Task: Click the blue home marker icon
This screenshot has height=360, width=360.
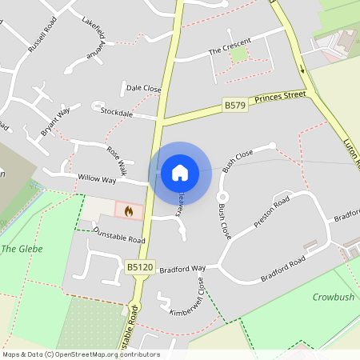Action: coord(180,172)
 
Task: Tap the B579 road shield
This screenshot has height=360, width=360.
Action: coord(234,105)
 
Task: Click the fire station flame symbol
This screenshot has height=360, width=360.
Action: coord(128,211)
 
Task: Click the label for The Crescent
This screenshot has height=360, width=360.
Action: coord(230,46)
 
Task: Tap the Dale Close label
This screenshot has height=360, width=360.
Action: coord(143,88)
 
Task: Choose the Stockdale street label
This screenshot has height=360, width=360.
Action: coord(116,112)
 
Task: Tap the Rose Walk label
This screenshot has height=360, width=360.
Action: coord(117,160)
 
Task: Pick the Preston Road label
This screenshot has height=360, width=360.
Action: coord(270,210)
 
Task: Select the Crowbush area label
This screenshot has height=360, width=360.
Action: coord(333,297)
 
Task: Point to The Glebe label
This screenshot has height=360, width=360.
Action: coord(22,249)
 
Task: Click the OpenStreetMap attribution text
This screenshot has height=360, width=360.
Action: coord(80,354)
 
